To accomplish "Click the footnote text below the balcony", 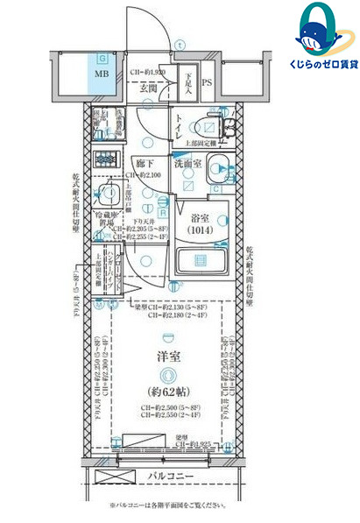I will click(166, 505).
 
